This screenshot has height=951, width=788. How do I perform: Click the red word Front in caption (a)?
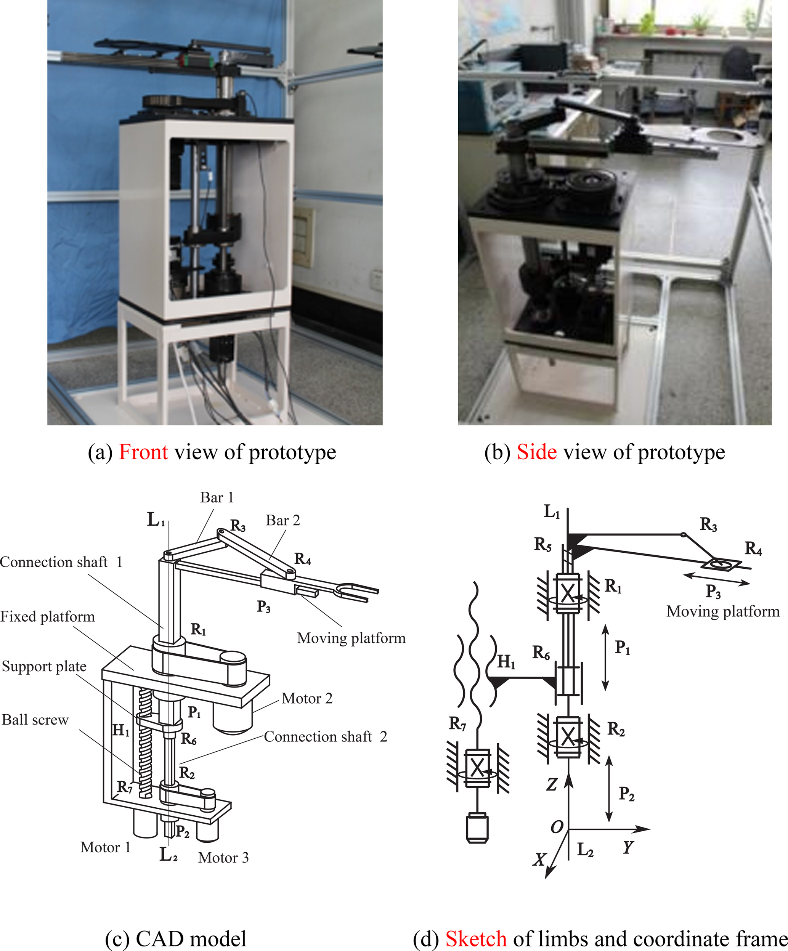pyautogui.click(x=143, y=452)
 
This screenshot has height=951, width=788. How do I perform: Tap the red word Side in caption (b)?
pyautogui.click(x=537, y=452)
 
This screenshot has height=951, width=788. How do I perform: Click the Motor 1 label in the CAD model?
pyautogui.click(x=106, y=847)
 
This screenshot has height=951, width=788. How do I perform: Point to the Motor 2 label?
pyautogui.click(x=307, y=698)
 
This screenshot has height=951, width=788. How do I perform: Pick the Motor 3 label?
pyautogui.click(x=223, y=857)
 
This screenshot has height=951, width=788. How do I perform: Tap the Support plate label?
pyautogui.click(x=44, y=666)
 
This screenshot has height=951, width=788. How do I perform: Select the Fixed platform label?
pyautogui.click(x=48, y=616)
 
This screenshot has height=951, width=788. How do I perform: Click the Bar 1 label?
pyautogui.click(x=217, y=497)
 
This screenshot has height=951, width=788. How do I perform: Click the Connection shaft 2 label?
pyautogui.click(x=325, y=736)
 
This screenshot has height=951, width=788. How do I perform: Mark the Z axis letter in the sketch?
pyautogui.click(x=551, y=784)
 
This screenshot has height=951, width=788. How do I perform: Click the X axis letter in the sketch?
pyautogui.click(x=539, y=859)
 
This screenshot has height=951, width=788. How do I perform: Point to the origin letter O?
pyautogui.click(x=557, y=826)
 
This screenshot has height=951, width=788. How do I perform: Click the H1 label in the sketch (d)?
pyautogui.click(x=506, y=662)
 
